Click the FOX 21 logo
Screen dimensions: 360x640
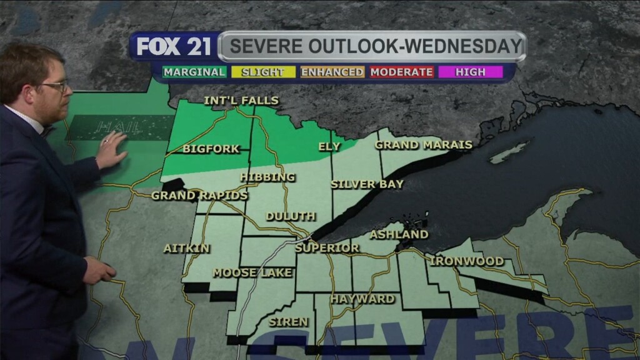click(x=174, y=47)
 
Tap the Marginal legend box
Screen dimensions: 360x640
click(x=194, y=72)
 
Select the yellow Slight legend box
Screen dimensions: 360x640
click(x=262, y=72)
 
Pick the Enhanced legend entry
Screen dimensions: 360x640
click(x=332, y=72)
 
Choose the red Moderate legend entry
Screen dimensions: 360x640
click(x=401, y=72)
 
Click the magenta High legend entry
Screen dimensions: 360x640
click(x=471, y=72)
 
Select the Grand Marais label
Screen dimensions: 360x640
click(x=423, y=145)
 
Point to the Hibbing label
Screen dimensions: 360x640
click(x=267, y=177)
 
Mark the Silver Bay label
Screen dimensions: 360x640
click(x=367, y=184)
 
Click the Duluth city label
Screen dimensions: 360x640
click(x=291, y=216)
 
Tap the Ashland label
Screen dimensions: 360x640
click(x=399, y=234)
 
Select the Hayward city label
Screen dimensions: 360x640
click(x=362, y=299)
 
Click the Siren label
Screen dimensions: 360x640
click(x=288, y=322)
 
